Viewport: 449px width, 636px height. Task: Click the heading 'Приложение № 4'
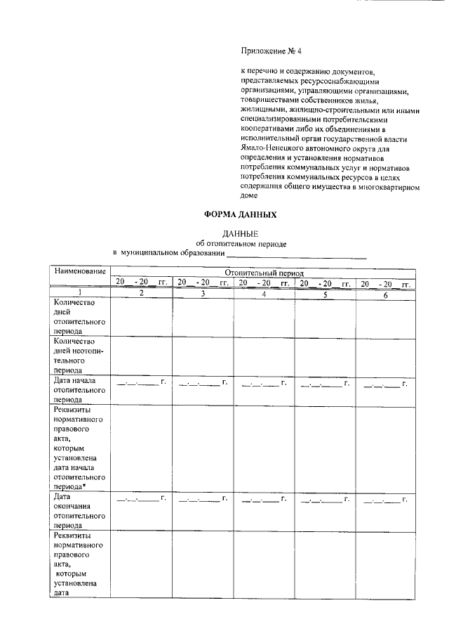(x=270, y=51)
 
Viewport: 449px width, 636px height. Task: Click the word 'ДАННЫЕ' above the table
(x=241, y=233)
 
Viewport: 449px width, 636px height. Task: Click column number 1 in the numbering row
(x=79, y=293)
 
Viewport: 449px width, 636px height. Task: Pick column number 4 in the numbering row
(x=264, y=293)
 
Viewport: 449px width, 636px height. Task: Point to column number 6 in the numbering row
(x=385, y=293)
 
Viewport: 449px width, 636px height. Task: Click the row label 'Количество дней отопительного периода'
(x=79, y=316)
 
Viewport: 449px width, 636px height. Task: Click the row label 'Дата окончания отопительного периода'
(x=79, y=510)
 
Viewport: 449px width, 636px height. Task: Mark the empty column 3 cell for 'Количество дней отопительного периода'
(x=203, y=317)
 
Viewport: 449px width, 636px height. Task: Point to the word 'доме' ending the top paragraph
(x=249, y=197)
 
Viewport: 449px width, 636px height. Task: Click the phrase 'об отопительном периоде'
(x=241, y=243)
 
